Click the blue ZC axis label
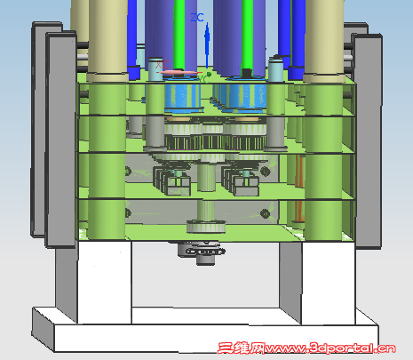(197, 18)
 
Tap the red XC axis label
(163, 65)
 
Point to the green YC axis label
(204, 78)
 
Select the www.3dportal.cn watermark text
(330, 348)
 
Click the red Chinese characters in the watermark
(242, 348)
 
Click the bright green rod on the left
(179, 34)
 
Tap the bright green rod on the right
(247, 34)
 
